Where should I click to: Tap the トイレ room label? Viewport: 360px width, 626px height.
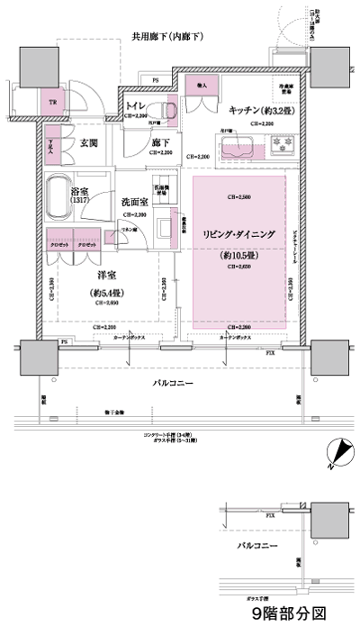point(136,105)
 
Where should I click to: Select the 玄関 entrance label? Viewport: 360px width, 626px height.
point(88,142)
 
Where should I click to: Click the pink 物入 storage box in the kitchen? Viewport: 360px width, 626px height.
point(200,86)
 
